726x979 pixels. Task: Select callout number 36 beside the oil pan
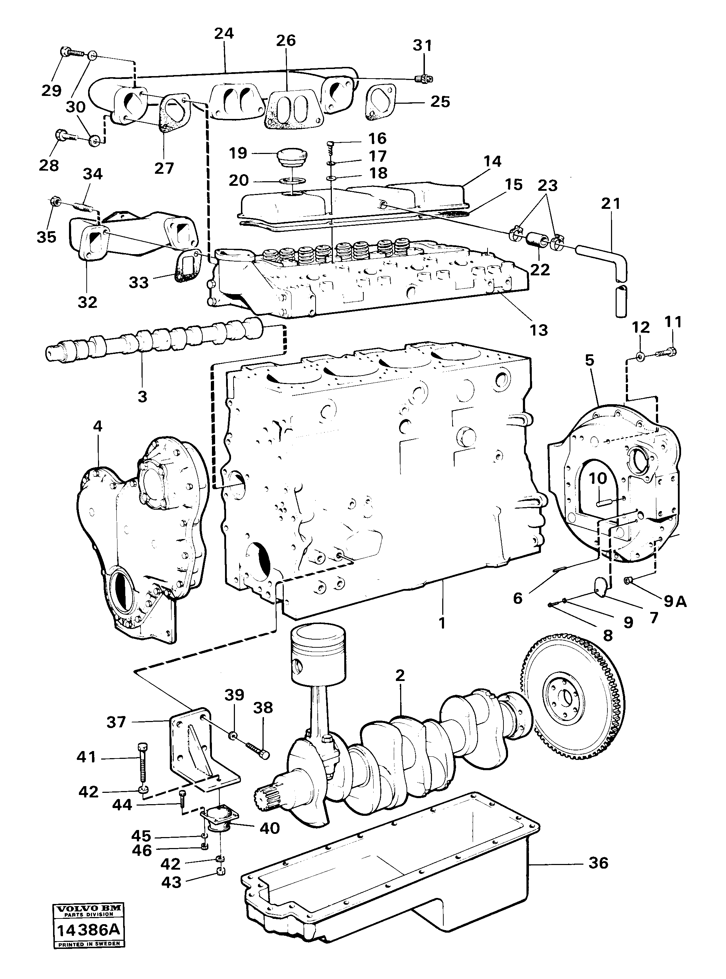pos(598,863)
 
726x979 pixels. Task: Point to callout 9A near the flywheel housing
pos(675,601)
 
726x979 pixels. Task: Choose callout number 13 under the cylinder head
pos(539,330)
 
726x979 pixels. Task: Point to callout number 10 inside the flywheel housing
pos(598,478)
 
